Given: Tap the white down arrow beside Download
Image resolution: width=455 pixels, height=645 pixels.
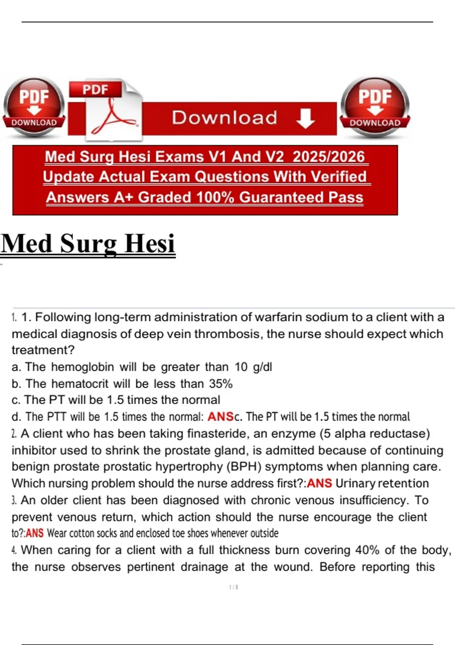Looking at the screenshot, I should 305,118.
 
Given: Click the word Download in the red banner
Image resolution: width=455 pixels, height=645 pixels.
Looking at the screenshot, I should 224,118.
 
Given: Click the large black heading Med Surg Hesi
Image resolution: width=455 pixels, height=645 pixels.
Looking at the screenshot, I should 88,244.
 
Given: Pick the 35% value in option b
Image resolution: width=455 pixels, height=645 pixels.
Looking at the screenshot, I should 221,384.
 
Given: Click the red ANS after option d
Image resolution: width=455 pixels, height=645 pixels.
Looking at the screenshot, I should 221,417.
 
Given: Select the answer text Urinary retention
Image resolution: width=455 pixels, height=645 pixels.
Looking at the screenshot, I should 382,483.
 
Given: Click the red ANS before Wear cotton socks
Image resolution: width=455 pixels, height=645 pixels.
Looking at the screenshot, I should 35,533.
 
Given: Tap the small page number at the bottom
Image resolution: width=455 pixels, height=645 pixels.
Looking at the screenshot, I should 234,587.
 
